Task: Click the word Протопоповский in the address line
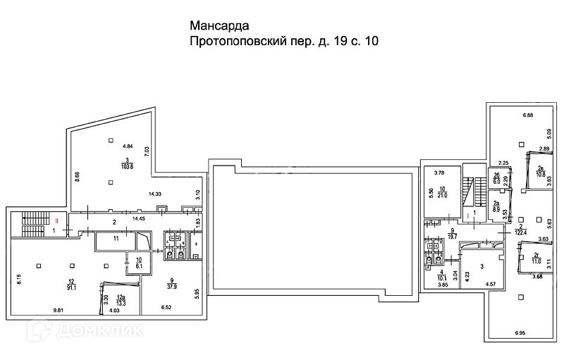tap(238, 42)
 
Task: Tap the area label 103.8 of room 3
tap(127, 166)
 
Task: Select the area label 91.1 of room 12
tap(71, 286)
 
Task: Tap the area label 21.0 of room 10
tap(443, 194)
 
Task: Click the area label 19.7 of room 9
tap(452, 235)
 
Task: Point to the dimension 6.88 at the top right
tap(528, 115)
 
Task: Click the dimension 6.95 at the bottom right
tap(521, 332)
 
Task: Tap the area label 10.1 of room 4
tap(441, 278)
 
